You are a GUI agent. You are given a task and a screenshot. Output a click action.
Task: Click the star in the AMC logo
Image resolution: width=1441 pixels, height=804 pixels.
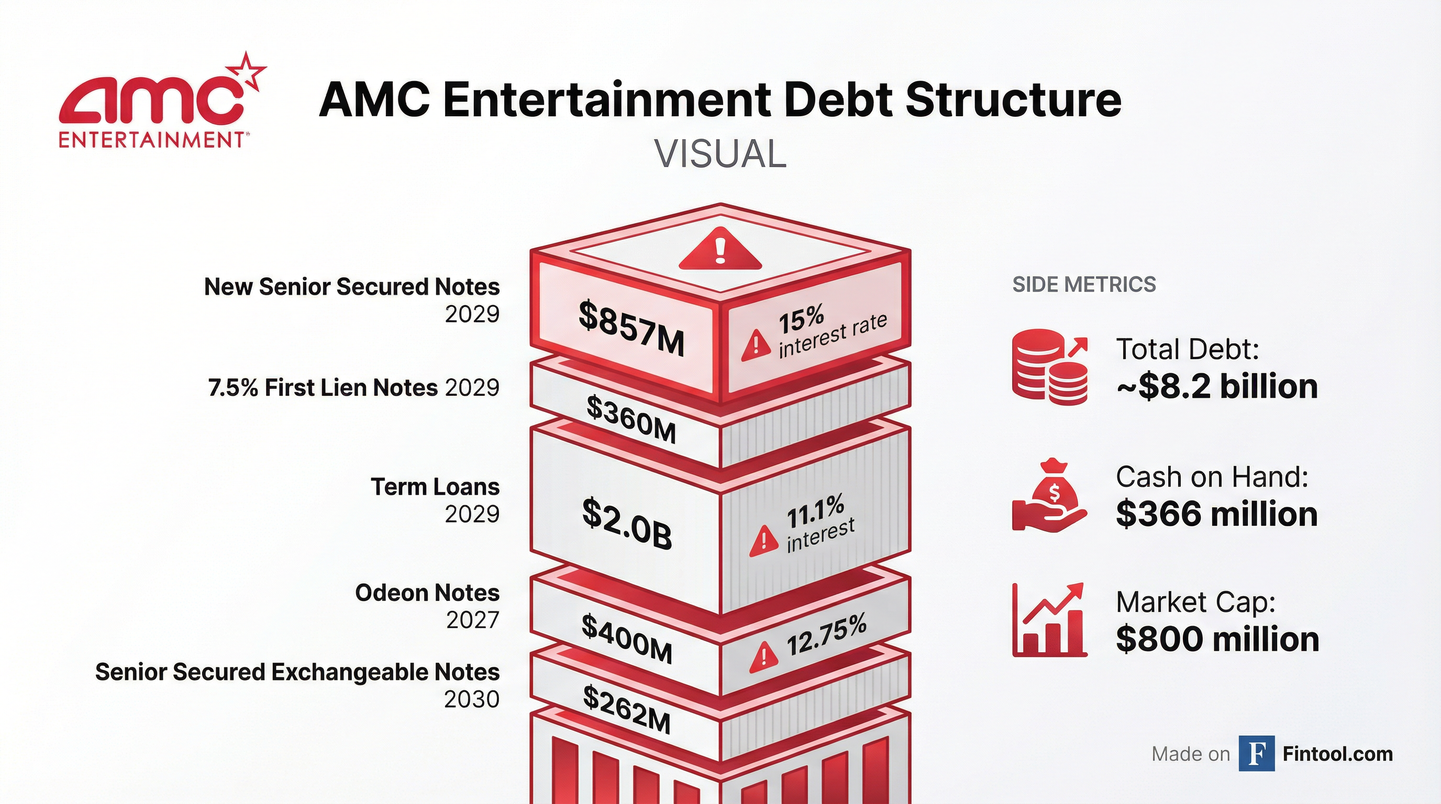247,71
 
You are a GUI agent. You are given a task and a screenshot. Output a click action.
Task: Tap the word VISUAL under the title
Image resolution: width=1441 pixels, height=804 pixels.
720,154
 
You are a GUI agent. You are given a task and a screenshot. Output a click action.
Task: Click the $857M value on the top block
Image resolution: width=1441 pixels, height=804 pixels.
631,329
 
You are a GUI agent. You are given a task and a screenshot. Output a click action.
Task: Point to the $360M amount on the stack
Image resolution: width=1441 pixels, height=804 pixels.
631,419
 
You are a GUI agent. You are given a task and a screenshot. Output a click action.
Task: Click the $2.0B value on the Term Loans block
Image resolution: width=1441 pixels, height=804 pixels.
627,523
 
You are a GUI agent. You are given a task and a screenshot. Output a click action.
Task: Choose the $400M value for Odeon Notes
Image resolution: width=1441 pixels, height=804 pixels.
627,639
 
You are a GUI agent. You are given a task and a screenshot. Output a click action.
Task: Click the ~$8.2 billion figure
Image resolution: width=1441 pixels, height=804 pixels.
1217,386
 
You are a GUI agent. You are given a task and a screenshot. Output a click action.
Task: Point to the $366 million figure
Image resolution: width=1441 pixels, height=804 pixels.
1217,514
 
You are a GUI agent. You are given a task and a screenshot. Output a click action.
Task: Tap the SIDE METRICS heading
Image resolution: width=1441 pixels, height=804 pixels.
1084,285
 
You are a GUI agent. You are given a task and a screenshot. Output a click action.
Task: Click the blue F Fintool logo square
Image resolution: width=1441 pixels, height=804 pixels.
1256,754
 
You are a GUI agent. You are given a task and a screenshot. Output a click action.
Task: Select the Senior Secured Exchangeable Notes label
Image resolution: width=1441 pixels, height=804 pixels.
297,672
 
